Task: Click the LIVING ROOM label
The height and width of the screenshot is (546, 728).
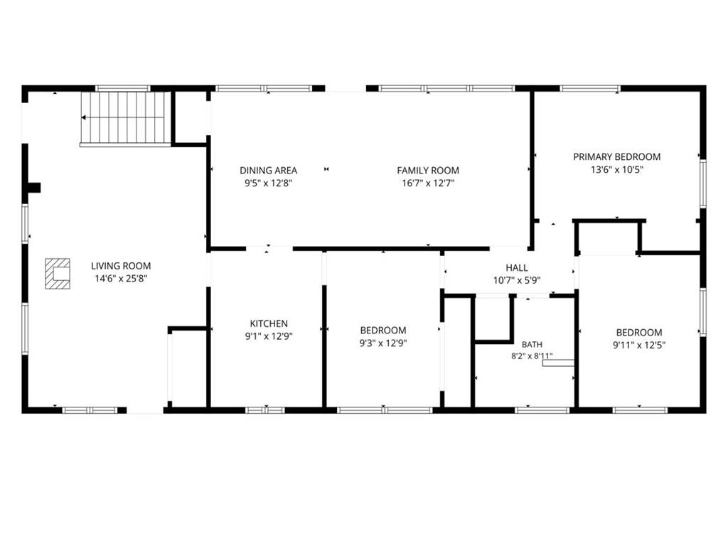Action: [x=121, y=266]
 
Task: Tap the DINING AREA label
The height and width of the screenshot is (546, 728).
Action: [x=268, y=171]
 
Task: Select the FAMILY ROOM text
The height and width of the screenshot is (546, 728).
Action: [x=428, y=171]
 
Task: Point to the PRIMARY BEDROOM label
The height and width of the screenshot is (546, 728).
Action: [x=616, y=157]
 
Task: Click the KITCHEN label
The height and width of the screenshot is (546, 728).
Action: [x=269, y=323]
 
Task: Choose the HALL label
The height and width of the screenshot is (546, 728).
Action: [x=517, y=268]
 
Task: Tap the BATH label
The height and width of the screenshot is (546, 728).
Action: [x=532, y=345]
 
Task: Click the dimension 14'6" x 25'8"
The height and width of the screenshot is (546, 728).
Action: [x=121, y=279]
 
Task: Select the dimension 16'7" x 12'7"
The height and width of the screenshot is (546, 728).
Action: [x=428, y=183]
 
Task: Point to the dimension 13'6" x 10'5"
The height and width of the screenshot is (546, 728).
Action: [x=616, y=169]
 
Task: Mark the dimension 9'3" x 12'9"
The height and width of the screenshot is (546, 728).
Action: [x=383, y=343]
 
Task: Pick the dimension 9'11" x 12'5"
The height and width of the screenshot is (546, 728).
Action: [x=639, y=345]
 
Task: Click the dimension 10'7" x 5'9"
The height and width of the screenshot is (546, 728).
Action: [x=517, y=280]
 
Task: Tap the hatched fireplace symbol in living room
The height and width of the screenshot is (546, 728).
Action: [x=58, y=274]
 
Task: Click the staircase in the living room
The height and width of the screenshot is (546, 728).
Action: [x=124, y=118]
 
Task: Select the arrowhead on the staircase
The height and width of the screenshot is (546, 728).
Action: [x=84, y=118]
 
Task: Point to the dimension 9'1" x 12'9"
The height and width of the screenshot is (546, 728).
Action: [x=269, y=336]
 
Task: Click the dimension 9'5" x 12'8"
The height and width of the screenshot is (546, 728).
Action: [x=268, y=183]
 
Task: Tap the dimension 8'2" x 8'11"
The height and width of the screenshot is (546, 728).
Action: [x=532, y=356]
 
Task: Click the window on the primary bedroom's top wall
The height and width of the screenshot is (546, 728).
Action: [x=590, y=88]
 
